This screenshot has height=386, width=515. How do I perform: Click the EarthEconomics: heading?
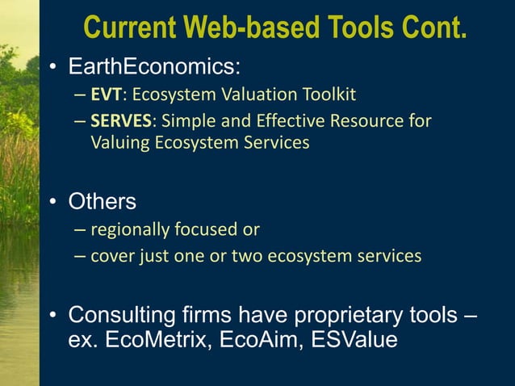point(140,65)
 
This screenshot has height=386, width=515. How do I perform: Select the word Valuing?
point(120,145)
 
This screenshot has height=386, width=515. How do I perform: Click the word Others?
point(102,200)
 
